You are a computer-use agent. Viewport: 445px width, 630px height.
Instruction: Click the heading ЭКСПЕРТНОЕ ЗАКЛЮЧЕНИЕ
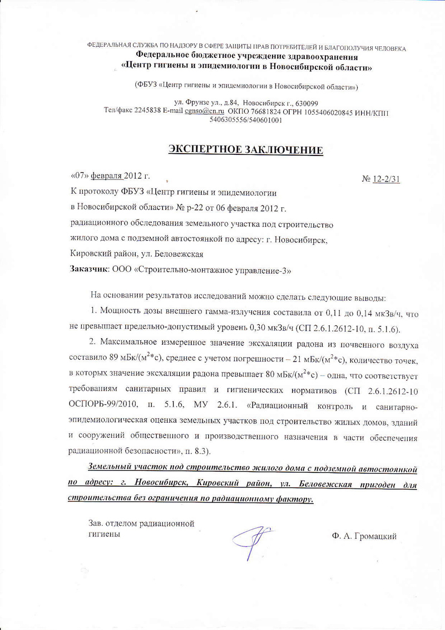coord(245,150)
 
